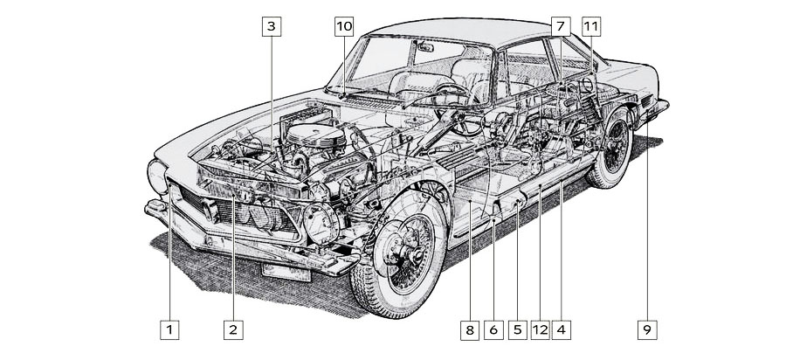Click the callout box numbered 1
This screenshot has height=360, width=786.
(169, 330)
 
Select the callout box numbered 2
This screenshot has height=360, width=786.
(232, 330)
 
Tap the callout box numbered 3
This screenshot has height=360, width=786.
(272, 26)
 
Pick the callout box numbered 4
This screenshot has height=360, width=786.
(562, 330)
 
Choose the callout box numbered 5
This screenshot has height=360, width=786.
(517, 330)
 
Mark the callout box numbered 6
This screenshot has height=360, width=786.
(493, 330)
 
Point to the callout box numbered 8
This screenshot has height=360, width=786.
(470, 330)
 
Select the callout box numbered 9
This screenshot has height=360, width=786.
(646, 330)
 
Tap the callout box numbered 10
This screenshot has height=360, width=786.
(343, 26)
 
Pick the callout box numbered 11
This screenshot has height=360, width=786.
(591, 26)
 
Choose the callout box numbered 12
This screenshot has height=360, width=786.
(540, 330)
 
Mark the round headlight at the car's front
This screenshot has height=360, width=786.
(158, 177)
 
